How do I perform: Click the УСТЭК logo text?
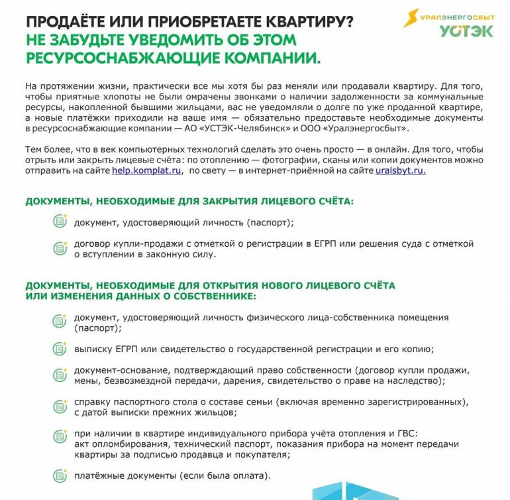(x=466, y=31)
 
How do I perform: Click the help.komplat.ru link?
(x=146, y=170)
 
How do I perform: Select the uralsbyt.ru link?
(x=401, y=170)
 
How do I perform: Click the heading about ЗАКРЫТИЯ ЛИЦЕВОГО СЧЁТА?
(x=189, y=200)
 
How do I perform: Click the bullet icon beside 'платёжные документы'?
(x=60, y=476)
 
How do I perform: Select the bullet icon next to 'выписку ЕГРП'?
(x=60, y=349)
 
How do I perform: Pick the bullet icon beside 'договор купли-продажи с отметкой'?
(x=60, y=248)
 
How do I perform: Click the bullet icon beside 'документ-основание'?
(x=60, y=375)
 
